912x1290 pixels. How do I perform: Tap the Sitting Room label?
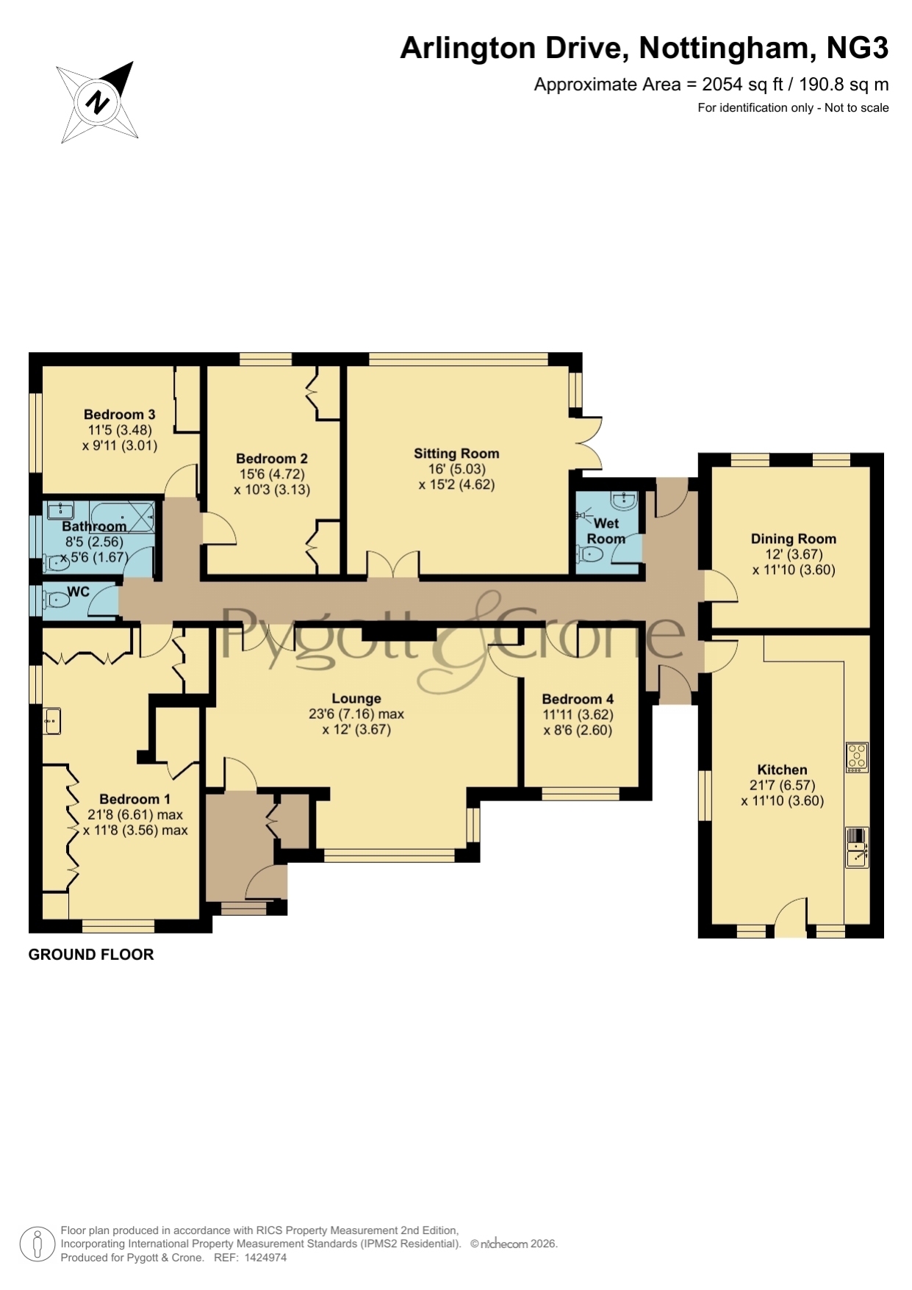point(456,454)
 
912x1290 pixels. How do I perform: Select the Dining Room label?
point(794,539)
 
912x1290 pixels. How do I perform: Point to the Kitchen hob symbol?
point(857,757)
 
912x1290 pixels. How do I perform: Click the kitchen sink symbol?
point(857,848)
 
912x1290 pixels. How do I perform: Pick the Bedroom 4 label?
point(578,699)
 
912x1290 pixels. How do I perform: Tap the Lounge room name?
point(356,699)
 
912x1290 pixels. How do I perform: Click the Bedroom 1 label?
point(135,799)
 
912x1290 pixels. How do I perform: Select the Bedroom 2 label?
point(272,459)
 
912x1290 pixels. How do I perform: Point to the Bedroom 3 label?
point(120,415)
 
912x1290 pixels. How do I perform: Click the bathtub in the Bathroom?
point(123,516)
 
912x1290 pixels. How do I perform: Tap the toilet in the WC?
point(57,601)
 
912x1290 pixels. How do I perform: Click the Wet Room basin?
point(624,501)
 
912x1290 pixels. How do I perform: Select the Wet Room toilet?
point(590,553)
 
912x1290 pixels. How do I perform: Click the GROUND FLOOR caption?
point(91,955)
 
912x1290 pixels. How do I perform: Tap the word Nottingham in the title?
point(724,48)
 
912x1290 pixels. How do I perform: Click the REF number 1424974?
point(265,1258)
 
